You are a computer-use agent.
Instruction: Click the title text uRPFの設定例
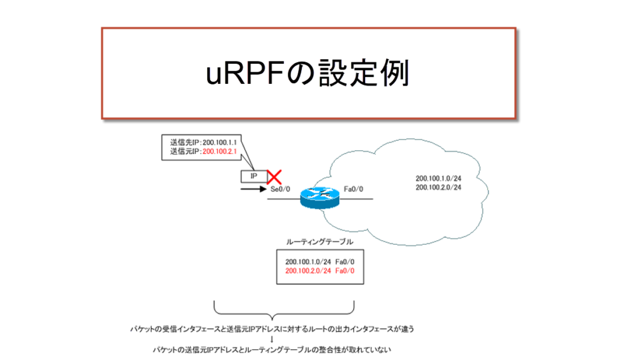tap(307, 74)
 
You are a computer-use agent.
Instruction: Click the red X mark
tap(275, 177)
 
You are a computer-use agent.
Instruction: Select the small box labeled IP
tap(254, 177)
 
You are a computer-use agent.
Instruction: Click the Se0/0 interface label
tap(281, 189)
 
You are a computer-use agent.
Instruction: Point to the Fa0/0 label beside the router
tap(353, 189)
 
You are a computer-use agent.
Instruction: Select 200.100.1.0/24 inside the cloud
tap(438, 178)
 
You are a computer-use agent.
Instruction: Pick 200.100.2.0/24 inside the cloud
tap(438, 188)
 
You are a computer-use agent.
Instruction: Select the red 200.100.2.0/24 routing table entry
tap(307, 271)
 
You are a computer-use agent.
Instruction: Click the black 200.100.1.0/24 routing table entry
tap(307, 262)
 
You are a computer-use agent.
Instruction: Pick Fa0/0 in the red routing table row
tap(343, 271)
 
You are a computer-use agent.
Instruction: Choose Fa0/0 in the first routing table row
tap(343, 262)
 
